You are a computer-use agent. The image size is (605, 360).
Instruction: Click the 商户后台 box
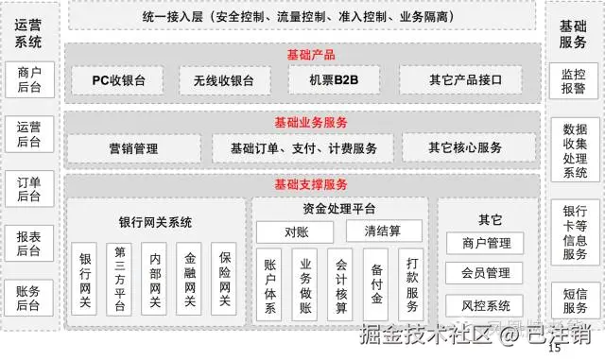29,79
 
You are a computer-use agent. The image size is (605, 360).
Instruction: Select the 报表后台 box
29,244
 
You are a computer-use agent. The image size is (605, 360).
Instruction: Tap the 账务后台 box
29,298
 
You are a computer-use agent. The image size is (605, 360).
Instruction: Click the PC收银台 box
117,80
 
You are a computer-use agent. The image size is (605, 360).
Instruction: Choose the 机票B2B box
334,79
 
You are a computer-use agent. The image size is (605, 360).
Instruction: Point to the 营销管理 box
134,148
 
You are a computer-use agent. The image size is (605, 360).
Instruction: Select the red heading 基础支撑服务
311,184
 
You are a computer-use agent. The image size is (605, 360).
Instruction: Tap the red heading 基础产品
311,55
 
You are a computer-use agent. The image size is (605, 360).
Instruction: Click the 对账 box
295,231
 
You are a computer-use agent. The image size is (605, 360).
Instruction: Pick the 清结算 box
384,231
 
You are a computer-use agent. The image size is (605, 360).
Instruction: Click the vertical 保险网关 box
224,279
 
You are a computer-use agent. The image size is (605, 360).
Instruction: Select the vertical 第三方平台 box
119,280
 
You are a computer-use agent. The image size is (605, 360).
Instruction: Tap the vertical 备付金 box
376,284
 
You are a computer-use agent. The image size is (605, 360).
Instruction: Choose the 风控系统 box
485,306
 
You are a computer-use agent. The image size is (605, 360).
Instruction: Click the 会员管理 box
484,273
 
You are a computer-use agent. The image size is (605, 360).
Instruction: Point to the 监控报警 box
574,81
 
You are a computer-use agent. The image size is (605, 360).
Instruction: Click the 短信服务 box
576,300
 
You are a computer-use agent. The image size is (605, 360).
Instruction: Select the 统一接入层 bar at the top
302,16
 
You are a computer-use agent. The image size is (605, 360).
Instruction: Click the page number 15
555,348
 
